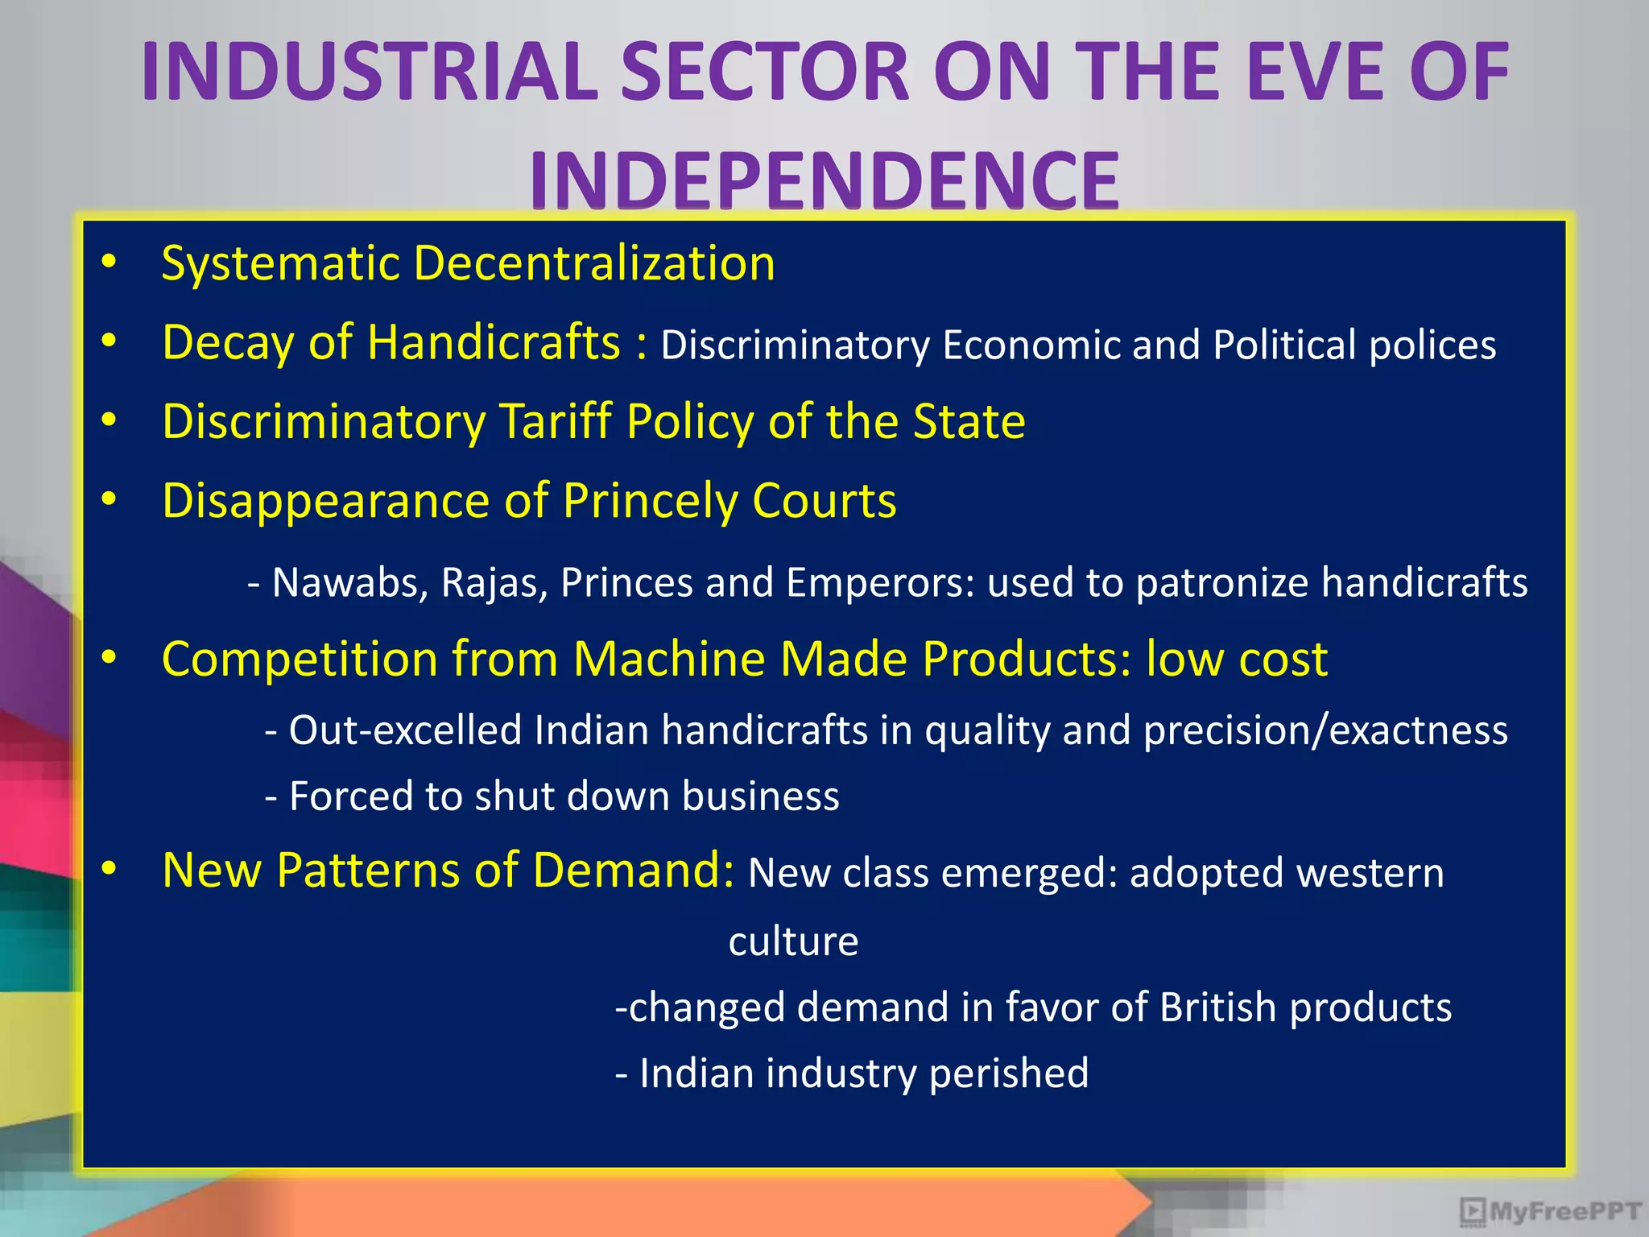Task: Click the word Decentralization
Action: pos(594,263)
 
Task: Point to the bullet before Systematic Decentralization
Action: pos(110,262)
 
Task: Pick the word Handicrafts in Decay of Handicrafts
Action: pos(494,342)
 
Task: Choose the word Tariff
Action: pos(556,421)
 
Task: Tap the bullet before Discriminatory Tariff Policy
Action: pos(110,420)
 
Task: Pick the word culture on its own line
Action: pos(793,941)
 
